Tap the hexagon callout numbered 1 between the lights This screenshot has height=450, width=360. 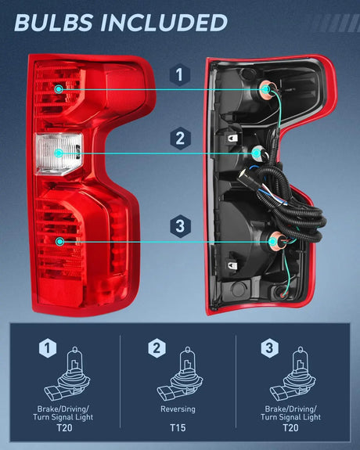click(180, 75)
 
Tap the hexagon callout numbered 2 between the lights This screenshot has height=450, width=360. click(180, 139)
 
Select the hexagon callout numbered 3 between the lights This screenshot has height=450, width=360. click(180, 226)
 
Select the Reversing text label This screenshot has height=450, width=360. click(179, 409)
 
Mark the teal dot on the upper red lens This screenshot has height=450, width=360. click(59, 89)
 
